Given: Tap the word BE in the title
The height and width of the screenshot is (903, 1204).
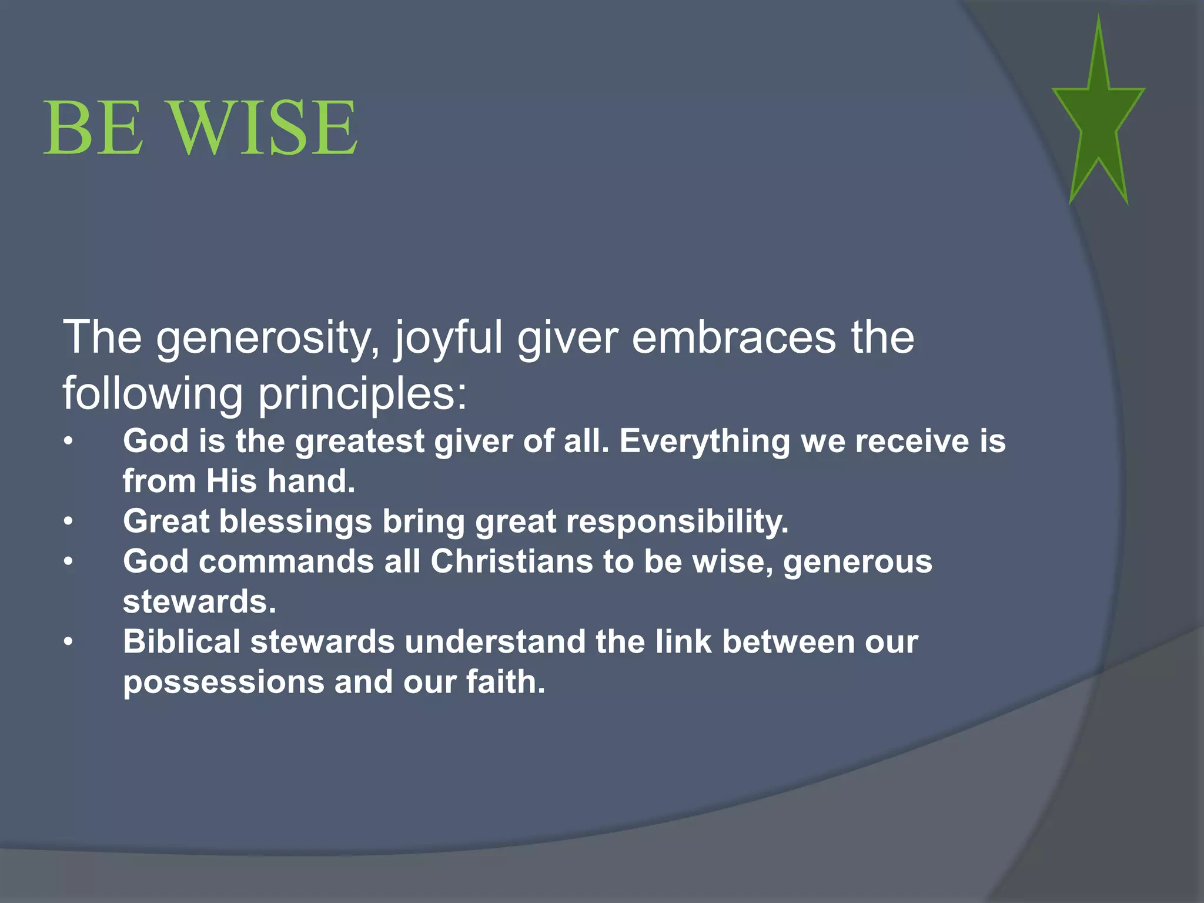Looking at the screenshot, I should [93, 128].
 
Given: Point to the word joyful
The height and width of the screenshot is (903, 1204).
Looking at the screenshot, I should [449, 339].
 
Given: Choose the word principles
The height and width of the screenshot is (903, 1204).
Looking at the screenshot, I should [362, 394].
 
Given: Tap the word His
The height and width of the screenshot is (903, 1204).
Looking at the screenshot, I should [232, 481].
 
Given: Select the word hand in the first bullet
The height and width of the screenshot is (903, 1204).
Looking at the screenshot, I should [312, 481].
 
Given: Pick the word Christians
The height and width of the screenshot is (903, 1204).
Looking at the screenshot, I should [511, 561].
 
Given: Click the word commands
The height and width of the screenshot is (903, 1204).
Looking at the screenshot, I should [286, 561].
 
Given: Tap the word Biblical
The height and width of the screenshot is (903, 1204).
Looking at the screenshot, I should [182, 641].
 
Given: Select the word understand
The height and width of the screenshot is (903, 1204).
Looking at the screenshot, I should [495, 641].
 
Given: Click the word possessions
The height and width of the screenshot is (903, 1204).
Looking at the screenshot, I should [223, 682].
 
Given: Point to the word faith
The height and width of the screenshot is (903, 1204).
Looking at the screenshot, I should [506, 682].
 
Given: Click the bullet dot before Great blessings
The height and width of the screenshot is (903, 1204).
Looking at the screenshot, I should [69, 521].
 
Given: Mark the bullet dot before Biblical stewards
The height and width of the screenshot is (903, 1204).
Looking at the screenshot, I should [69, 642].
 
